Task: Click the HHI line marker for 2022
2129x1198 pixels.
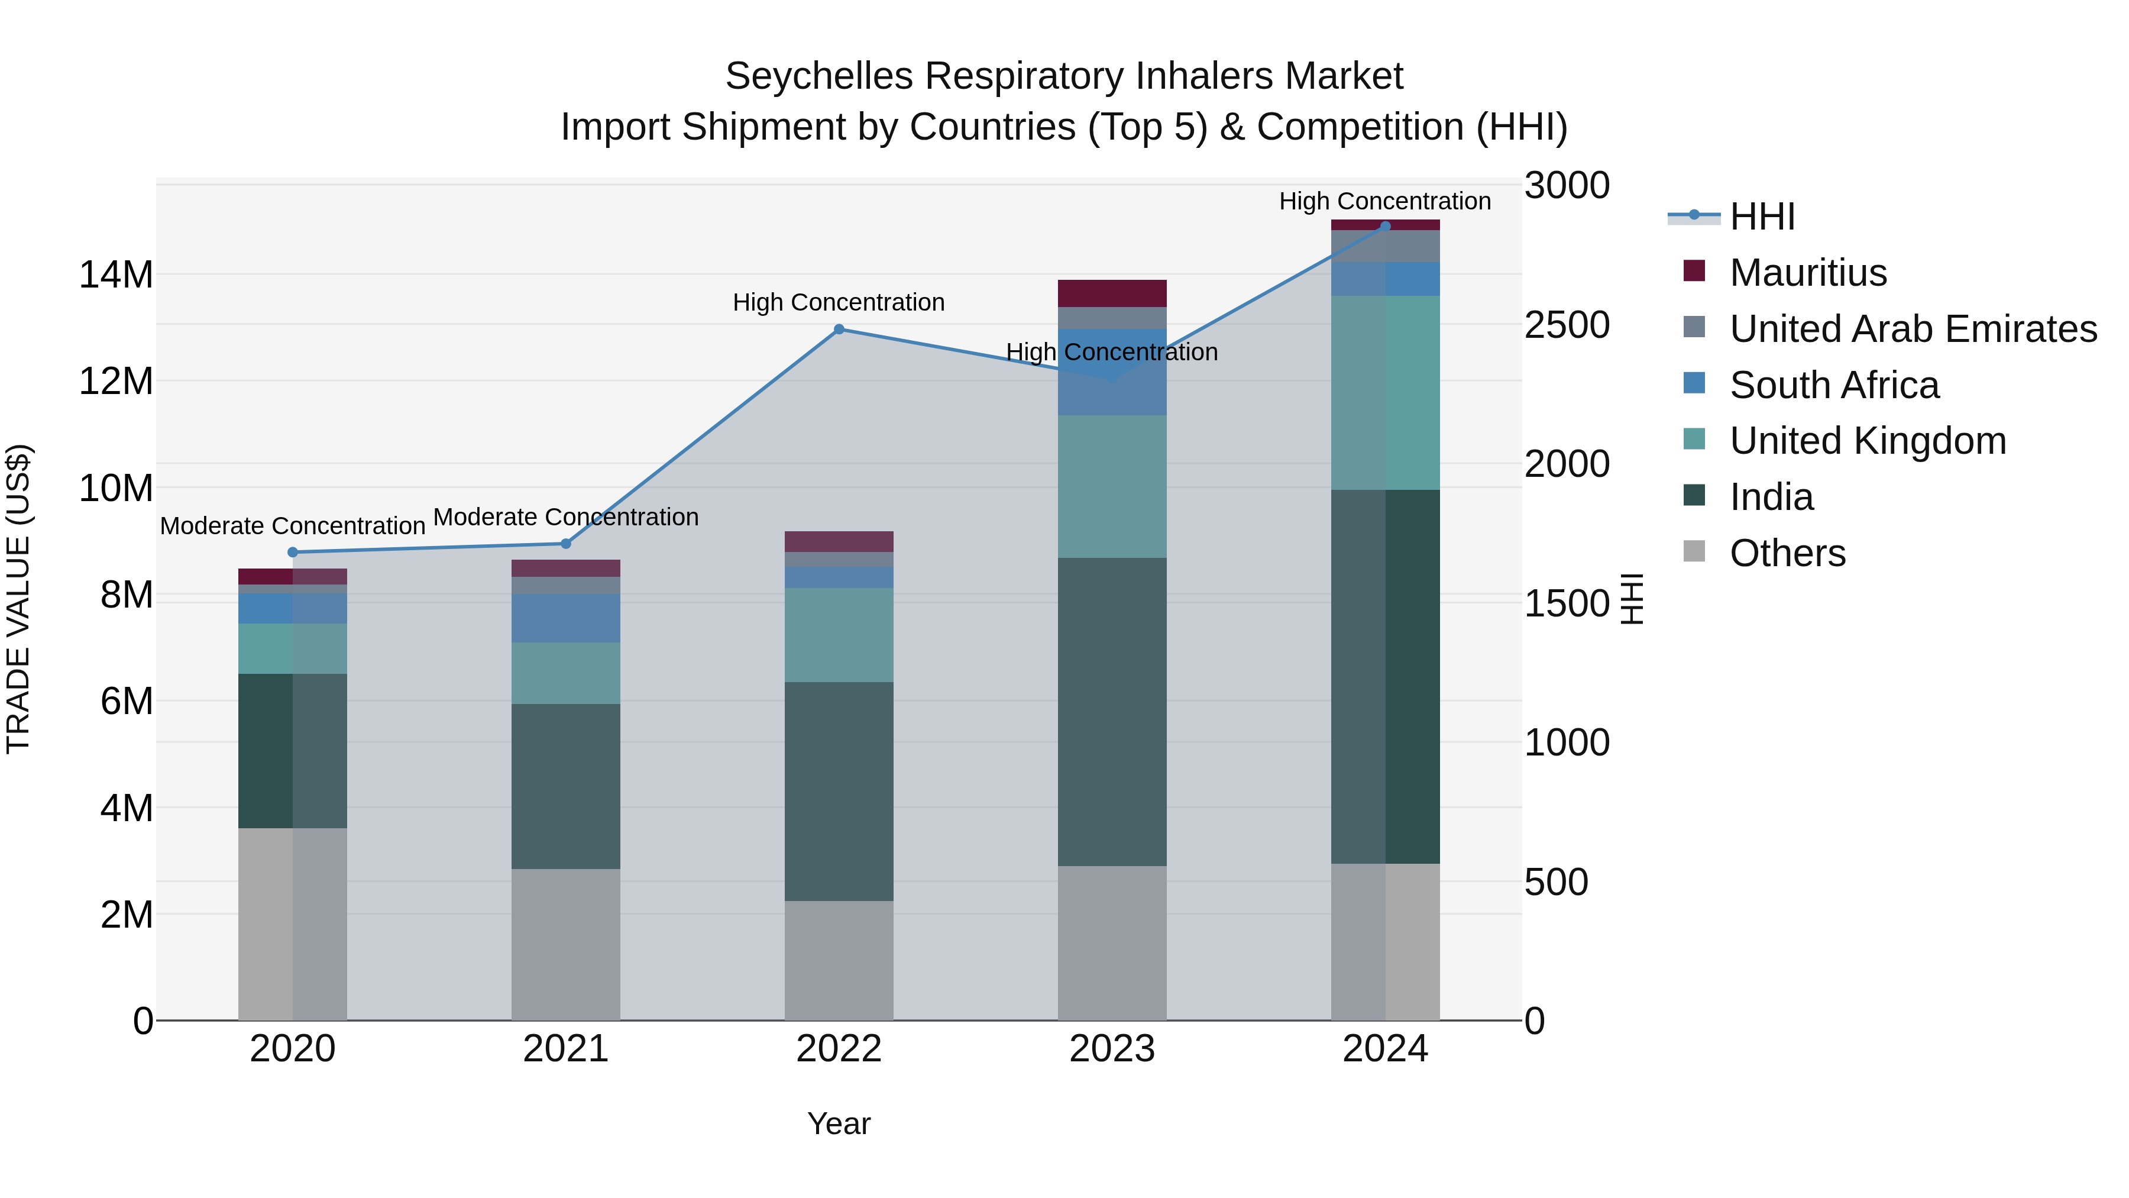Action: pos(839,329)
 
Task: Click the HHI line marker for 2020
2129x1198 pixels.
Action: pos(293,553)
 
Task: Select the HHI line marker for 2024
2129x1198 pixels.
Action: pos(1385,226)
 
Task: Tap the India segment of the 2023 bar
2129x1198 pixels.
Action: pos(1112,711)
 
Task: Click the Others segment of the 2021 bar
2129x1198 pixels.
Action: pos(565,944)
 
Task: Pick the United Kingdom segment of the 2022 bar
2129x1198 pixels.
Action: pos(839,635)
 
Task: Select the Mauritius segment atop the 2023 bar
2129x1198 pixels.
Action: pos(1112,293)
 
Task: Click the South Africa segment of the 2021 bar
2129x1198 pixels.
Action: pos(565,618)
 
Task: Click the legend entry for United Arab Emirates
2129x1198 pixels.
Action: pos(1913,328)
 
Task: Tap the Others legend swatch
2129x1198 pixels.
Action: pos(1694,551)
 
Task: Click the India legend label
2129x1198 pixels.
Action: pos(1771,497)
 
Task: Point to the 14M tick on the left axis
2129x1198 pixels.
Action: pos(116,275)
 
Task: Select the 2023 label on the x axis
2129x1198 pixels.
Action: pos(1112,1049)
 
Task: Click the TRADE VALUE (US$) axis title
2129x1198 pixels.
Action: pos(18,599)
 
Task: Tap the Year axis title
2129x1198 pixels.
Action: pos(839,1123)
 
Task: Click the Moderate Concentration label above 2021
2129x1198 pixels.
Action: pos(565,518)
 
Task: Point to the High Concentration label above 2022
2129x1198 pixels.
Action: pos(839,302)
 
